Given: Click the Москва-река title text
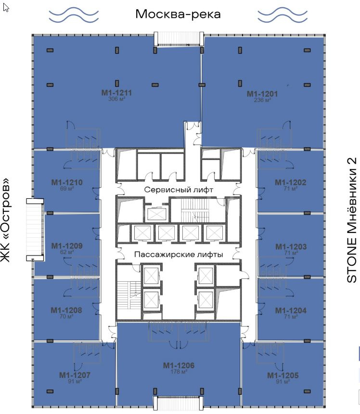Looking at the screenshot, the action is (x=178, y=14).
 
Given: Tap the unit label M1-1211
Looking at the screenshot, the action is (x=116, y=93).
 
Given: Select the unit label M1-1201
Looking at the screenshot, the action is (x=262, y=94).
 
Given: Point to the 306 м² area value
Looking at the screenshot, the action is (x=116, y=99).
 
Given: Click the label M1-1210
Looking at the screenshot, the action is (x=67, y=182).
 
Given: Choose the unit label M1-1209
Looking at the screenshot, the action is (x=67, y=246).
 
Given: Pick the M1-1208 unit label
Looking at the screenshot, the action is (x=66, y=310).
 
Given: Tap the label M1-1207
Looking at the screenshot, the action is (x=75, y=375).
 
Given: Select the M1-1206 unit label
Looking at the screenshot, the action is (x=179, y=365).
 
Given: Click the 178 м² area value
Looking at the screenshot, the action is (x=179, y=372).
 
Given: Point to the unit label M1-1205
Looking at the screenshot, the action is (x=283, y=375).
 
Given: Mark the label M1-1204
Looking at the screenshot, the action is (x=291, y=310).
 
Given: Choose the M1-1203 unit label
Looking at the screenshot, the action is (x=291, y=246).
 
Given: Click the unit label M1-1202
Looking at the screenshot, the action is (x=290, y=182).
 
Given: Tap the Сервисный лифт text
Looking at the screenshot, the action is (x=179, y=190).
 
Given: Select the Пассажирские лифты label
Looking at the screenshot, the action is (x=179, y=254).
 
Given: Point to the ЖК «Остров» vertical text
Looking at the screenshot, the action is (x=5, y=220).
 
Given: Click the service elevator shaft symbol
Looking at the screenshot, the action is (x=157, y=214).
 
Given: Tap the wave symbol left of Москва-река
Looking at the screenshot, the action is (x=74, y=14).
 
